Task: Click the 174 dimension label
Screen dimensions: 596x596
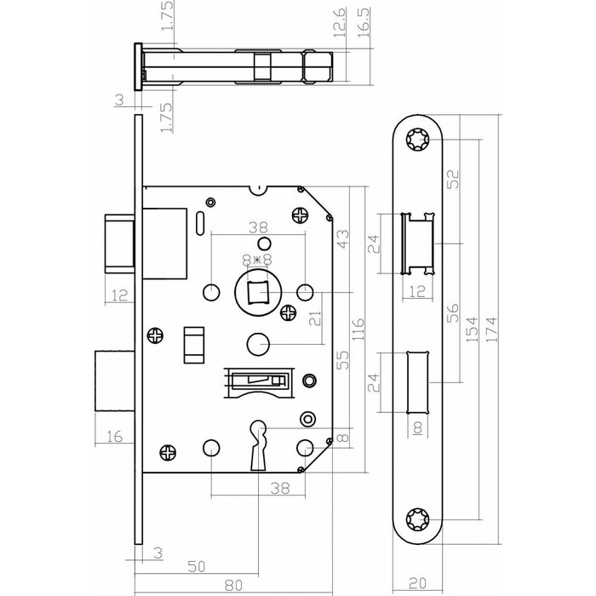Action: tap(492, 326)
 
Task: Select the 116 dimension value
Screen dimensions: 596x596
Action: tap(358, 326)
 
